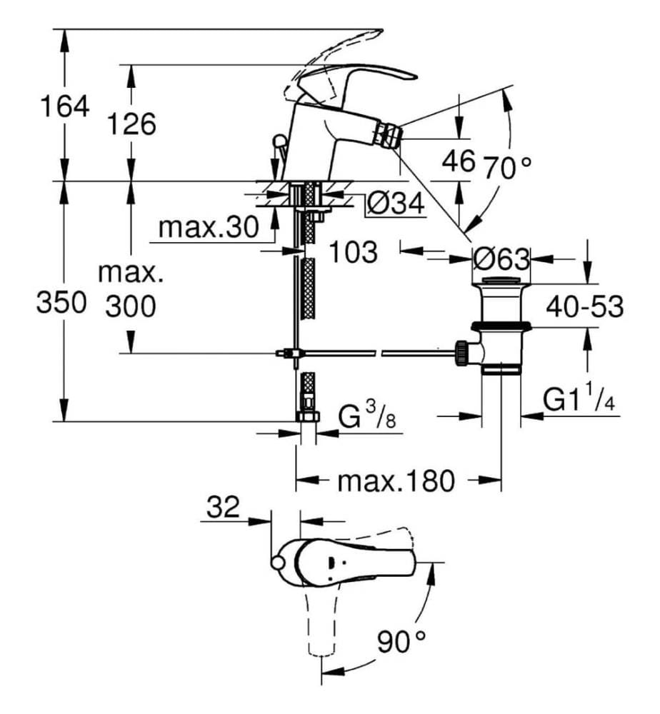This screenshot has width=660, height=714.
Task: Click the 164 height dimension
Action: [64, 107]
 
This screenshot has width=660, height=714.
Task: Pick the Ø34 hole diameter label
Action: [395, 204]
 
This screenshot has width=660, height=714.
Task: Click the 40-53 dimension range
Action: [585, 307]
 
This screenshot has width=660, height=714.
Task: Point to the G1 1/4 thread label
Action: [580, 401]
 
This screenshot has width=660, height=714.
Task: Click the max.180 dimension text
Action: [396, 481]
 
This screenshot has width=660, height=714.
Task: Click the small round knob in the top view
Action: [277, 564]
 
